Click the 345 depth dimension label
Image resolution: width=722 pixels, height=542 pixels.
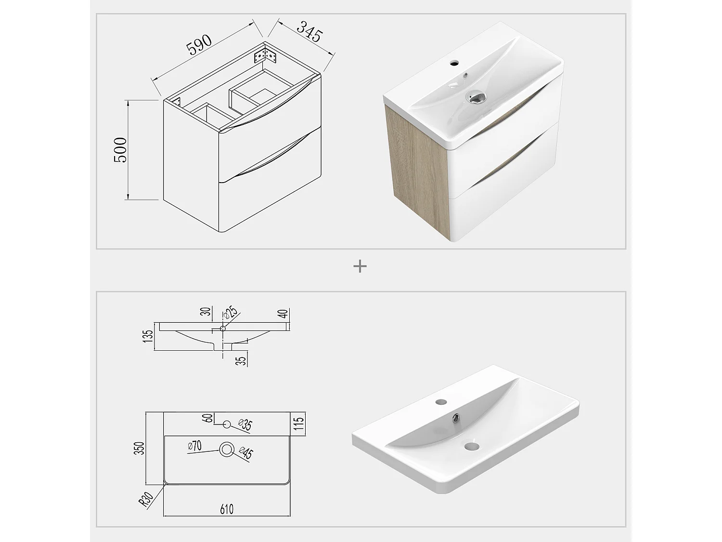coord(309,32)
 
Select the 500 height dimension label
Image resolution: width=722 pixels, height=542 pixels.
coord(120,149)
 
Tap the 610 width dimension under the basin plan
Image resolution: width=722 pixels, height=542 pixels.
coord(226,509)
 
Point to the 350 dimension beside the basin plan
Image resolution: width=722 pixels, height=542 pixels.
coord(140,448)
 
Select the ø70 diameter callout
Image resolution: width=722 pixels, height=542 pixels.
coord(194,446)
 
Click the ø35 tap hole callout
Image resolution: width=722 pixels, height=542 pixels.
coord(245,424)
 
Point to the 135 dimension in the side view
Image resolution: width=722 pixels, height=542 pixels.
coord(149,336)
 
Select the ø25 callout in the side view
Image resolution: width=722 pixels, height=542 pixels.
coord(231,313)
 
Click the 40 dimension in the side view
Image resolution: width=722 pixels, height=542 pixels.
coord(283,314)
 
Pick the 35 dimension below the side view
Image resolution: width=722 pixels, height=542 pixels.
coord(242,359)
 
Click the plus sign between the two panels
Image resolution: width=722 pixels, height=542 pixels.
coord(360,266)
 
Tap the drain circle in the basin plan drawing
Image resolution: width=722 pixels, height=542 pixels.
coord(226,449)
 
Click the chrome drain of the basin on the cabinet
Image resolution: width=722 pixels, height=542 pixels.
coord(475,97)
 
